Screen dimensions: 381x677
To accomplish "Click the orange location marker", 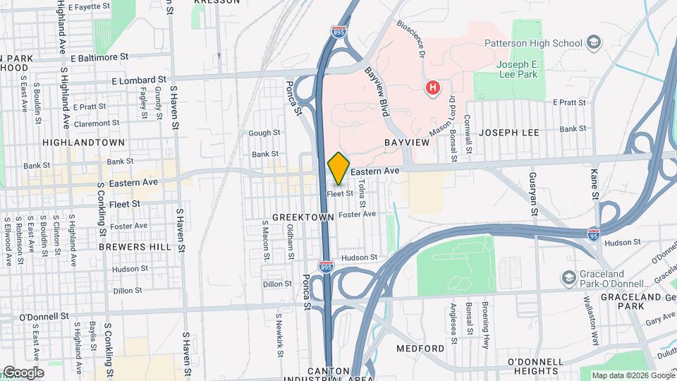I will pyautogui.click(x=338, y=168).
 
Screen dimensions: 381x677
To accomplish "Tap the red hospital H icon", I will pyautogui.click(x=433, y=88).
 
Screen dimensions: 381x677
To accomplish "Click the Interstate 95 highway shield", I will pyautogui.click(x=594, y=232).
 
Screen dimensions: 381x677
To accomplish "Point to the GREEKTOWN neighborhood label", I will pyautogui.click(x=303, y=218).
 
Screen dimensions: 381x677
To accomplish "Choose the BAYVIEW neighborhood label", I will pyautogui.click(x=407, y=143).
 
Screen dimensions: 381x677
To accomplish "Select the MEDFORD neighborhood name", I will pyautogui.click(x=420, y=349).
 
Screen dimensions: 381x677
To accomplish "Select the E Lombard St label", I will pyautogui.click(x=138, y=80).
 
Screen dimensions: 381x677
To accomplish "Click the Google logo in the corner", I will pyautogui.click(x=23, y=373).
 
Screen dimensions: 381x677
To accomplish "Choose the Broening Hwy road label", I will pyautogui.click(x=486, y=317).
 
